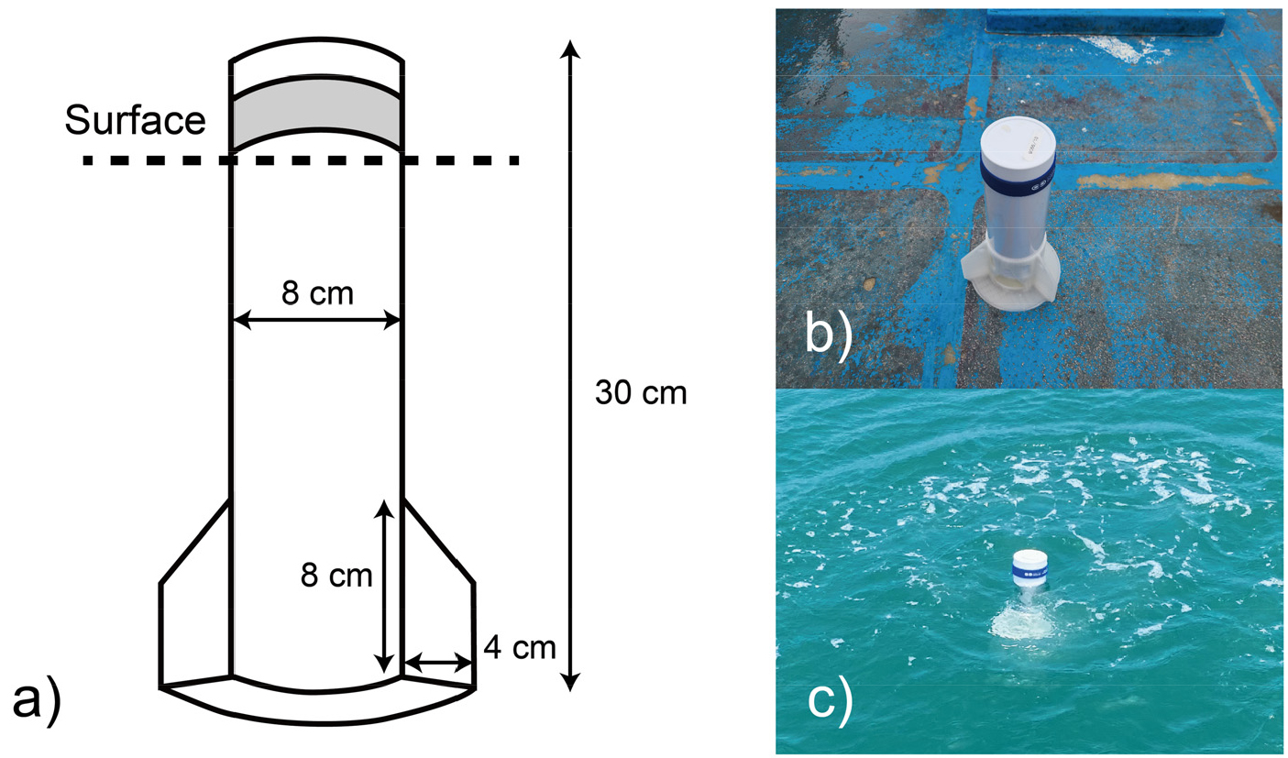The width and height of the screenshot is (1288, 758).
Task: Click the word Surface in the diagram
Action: pyautogui.click(x=135, y=120)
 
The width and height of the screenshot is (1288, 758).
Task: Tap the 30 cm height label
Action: pyautogui.click(x=641, y=393)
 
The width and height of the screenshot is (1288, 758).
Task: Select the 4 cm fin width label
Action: pyautogui.click(x=519, y=648)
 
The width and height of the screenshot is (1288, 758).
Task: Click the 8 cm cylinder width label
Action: pyautogui.click(x=317, y=294)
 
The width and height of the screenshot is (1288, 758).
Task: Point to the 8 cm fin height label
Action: pyautogui.click(x=336, y=575)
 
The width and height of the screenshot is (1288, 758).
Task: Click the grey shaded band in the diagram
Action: pyautogui.click(x=315, y=112)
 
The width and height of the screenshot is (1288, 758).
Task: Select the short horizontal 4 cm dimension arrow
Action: pyautogui.click(x=437, y=663)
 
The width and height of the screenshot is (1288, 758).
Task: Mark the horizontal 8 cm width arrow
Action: pyautogui.click(x=317, y=320)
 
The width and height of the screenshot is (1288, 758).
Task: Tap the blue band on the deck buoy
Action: pyautogui.click(x=1018, y=181)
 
